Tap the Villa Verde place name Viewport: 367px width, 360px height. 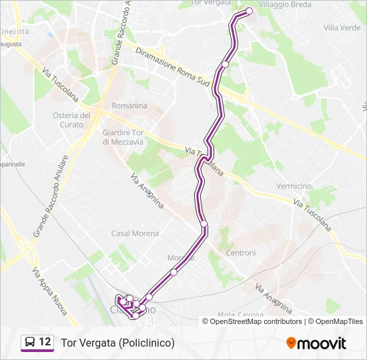point(342,27)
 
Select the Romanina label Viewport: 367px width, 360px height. point(129,106)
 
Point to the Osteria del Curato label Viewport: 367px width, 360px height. point(71,120)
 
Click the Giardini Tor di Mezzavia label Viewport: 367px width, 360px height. point(123,137)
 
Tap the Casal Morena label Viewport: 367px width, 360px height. point(135,233)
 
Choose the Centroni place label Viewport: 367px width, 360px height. point(241,253)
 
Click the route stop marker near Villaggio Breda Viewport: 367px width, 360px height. point(250,11)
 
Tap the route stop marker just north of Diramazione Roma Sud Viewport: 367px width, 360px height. point(226,64)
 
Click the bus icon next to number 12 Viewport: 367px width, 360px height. point(30,342)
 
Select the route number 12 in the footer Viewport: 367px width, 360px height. point(45,342)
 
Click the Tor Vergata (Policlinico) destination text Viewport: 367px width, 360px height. point(117,343)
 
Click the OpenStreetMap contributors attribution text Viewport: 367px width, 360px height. point(256,321)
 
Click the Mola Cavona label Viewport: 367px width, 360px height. point(238,314)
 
